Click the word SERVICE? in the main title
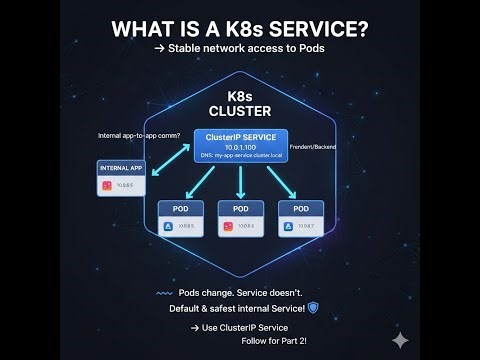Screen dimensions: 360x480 (x=310, y=30)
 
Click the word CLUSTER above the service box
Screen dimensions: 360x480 (x=241, y=109)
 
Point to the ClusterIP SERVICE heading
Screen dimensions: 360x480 (x=241, y=137)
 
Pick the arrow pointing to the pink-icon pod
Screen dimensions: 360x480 (x=241, y=181)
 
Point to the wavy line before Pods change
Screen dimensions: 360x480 (x=165, y=294)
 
